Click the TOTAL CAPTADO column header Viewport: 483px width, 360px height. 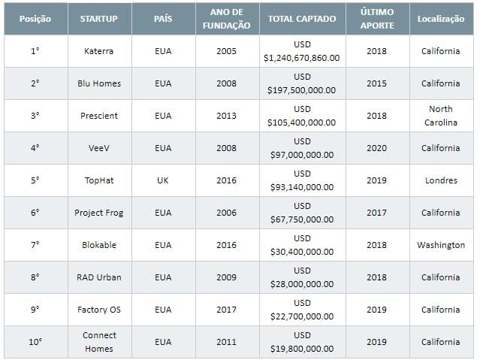pos(302,19)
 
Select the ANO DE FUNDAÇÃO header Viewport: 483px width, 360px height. pos(226,19)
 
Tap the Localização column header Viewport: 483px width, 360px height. pos(441,19)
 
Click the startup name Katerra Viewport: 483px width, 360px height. pos(98,51)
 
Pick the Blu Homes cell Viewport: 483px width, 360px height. pos(99,83)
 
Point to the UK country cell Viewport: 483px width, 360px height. pos(163,180)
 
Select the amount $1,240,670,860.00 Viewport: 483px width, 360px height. pos(302,58)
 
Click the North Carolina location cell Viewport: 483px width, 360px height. pos(441,116)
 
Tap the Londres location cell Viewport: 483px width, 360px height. pos(441,180)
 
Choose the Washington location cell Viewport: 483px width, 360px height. pos(441,245)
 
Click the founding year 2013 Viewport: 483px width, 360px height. pos(226,116)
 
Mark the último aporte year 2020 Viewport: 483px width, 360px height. pos(376,148)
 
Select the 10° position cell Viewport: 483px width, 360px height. pos(35,342)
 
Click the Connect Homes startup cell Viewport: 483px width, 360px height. pos(99,342)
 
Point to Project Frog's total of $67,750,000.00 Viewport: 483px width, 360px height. pos(302,219)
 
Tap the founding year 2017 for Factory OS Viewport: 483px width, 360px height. pos(226,310)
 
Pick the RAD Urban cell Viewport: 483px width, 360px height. pos(99,277)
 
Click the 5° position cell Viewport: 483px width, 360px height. pos(35,180)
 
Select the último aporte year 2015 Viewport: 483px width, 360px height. pos(376,83)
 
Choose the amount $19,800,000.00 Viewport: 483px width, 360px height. pos(302,349)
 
